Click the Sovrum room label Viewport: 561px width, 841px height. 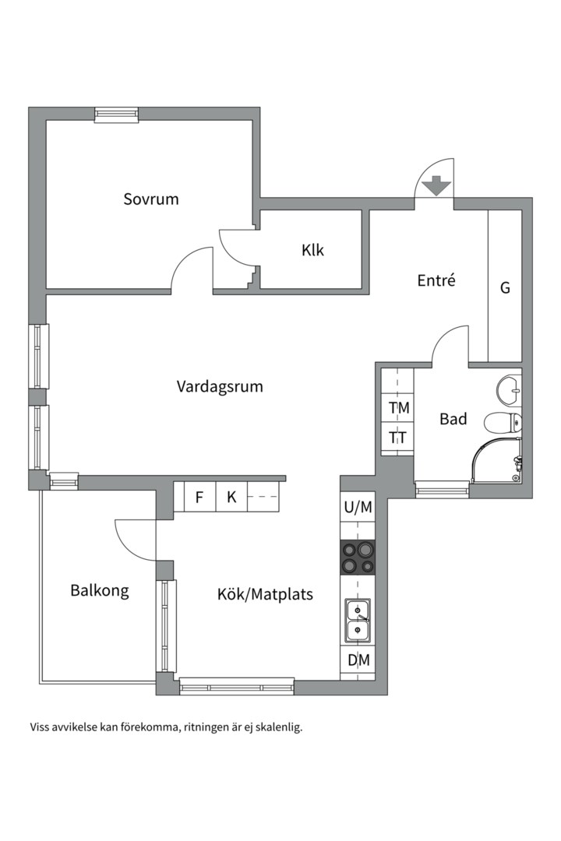pyautogui.click(x=151, y=199)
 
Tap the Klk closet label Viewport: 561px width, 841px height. pyautogui.click(x=312, y=250)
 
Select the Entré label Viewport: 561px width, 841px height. pyautogui.click(x=436, y=281)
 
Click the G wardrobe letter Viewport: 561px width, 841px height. pyautogui.click(x=505, y=288)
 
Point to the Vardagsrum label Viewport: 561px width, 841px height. pyautogui.click(x=219, y=386)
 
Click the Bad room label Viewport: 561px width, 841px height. pyautogui.click(x=453, y=419)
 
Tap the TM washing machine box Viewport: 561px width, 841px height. pyautogui.click(x=399, y=408)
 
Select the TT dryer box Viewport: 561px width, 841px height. pyautogui.click(x=398, y=438)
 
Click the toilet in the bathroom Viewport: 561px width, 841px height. pyautogui.click(x=503, y=423)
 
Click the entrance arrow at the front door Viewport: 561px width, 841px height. pyautogui.click(x=435, y=186)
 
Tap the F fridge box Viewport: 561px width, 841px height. pyautogui.click(x=199, y=497)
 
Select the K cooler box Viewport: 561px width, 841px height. pyautogui.click(x=231, y=497)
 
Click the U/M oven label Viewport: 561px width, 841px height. pyautogui.click(x=358, y=508)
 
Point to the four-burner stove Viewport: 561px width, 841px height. pyautogui.click(x=358, y=557)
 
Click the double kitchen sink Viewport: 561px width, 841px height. pyautogui.click(x=358, y=621)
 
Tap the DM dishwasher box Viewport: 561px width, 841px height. pyautogui.click(x=358, y=661)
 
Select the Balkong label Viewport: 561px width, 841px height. pyautogui.click(x=100, y=590)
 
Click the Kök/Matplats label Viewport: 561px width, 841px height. pyautogui.click(x=265, y=595)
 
